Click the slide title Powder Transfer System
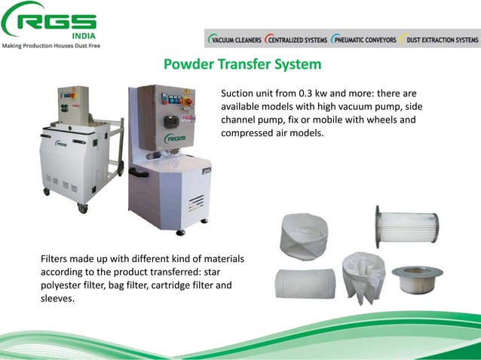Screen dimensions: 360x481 coord(242,64)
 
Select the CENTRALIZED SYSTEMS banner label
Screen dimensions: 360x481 coord(296,39)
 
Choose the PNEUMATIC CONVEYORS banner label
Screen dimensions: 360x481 coord(363,39)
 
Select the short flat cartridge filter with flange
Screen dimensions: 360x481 coord(417,279)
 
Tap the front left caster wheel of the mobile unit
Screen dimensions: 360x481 coord(47,191)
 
